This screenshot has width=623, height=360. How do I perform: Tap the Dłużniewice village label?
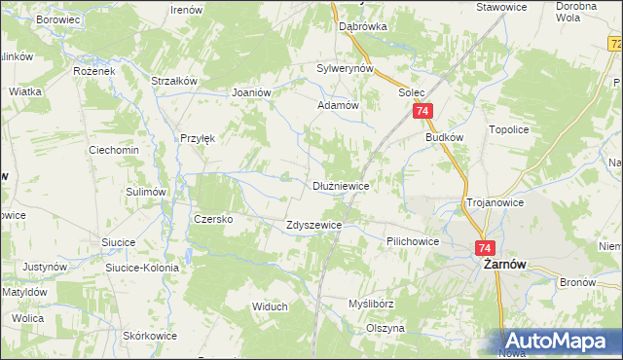(x=340, y=185)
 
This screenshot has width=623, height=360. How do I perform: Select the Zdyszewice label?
(x=313, y=225)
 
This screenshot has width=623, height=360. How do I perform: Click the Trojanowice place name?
(x=495, y=202)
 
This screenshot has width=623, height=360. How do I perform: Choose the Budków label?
(x=444, y=138)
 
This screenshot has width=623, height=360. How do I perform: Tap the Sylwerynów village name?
(x=346, y=69)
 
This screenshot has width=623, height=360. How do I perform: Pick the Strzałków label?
(x=175, y=81)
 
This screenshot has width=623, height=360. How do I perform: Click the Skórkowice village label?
(x=150, y=336)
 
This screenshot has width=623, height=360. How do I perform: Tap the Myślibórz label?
(x=371, y=304)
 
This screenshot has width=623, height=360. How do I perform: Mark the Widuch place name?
(x=270, y=306)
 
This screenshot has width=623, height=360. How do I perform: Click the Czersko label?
(x=213, y=219)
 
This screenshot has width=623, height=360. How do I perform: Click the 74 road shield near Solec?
(x=421, y=113)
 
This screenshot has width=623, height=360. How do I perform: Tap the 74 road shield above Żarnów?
(x=487, y=248)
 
